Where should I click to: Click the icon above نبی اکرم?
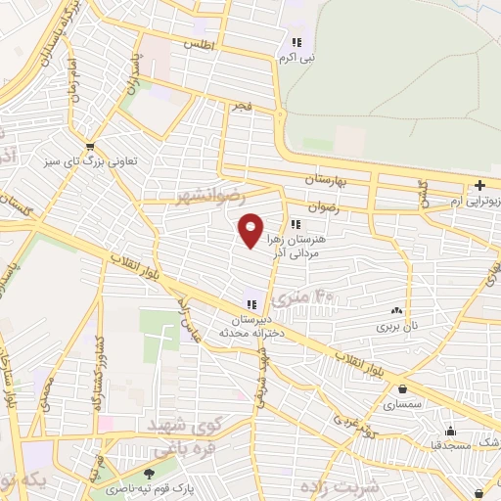[x=296, y=42]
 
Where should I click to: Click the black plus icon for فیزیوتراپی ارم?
[x=479, y=185]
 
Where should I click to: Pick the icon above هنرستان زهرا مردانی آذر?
[x=296, y=225]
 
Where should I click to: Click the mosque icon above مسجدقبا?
[x=450, y=431]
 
